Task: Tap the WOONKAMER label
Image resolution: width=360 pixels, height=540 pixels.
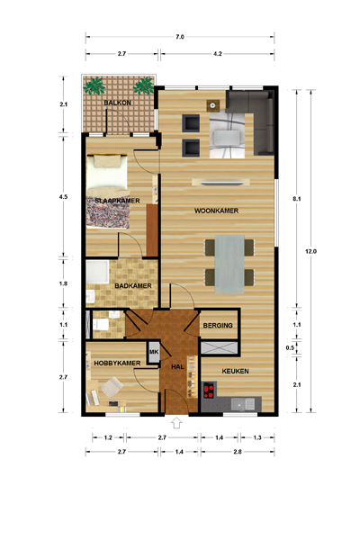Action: tap(216, 211)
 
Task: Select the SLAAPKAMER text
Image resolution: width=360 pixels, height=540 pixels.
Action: tap(118, 201)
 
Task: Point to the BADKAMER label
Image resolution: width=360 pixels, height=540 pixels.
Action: tap(133, 286)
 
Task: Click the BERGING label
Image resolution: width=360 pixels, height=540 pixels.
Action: tap(218, 326)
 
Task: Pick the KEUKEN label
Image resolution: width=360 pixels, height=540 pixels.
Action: tap(235, 371)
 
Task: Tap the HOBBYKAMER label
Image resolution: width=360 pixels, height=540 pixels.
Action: tap(117, 364)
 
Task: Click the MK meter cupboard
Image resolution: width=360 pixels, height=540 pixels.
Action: tap(154, 352)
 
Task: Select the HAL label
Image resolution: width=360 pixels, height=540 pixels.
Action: tap(178, 367)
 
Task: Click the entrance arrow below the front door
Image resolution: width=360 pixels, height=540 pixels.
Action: tap(176, 423)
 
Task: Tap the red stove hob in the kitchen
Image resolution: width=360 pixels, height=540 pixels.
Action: tap(209, 391)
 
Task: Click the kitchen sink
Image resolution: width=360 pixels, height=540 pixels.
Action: tap(243, 404)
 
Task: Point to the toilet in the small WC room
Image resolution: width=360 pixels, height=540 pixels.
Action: tap(99, 324)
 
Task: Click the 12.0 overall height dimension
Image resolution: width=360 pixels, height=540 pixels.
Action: tap(310, 251)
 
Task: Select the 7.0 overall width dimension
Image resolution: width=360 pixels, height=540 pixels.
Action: tap(180, 37)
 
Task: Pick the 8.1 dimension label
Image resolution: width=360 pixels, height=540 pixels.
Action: tap(297, 199)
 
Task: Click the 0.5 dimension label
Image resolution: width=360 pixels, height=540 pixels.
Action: tap(290, 347)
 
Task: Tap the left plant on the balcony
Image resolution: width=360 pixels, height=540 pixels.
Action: tap(94, 85)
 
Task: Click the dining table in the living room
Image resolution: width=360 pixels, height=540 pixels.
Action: tap(229, 264)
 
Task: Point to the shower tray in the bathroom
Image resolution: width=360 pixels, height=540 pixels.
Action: tap(97, 272)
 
